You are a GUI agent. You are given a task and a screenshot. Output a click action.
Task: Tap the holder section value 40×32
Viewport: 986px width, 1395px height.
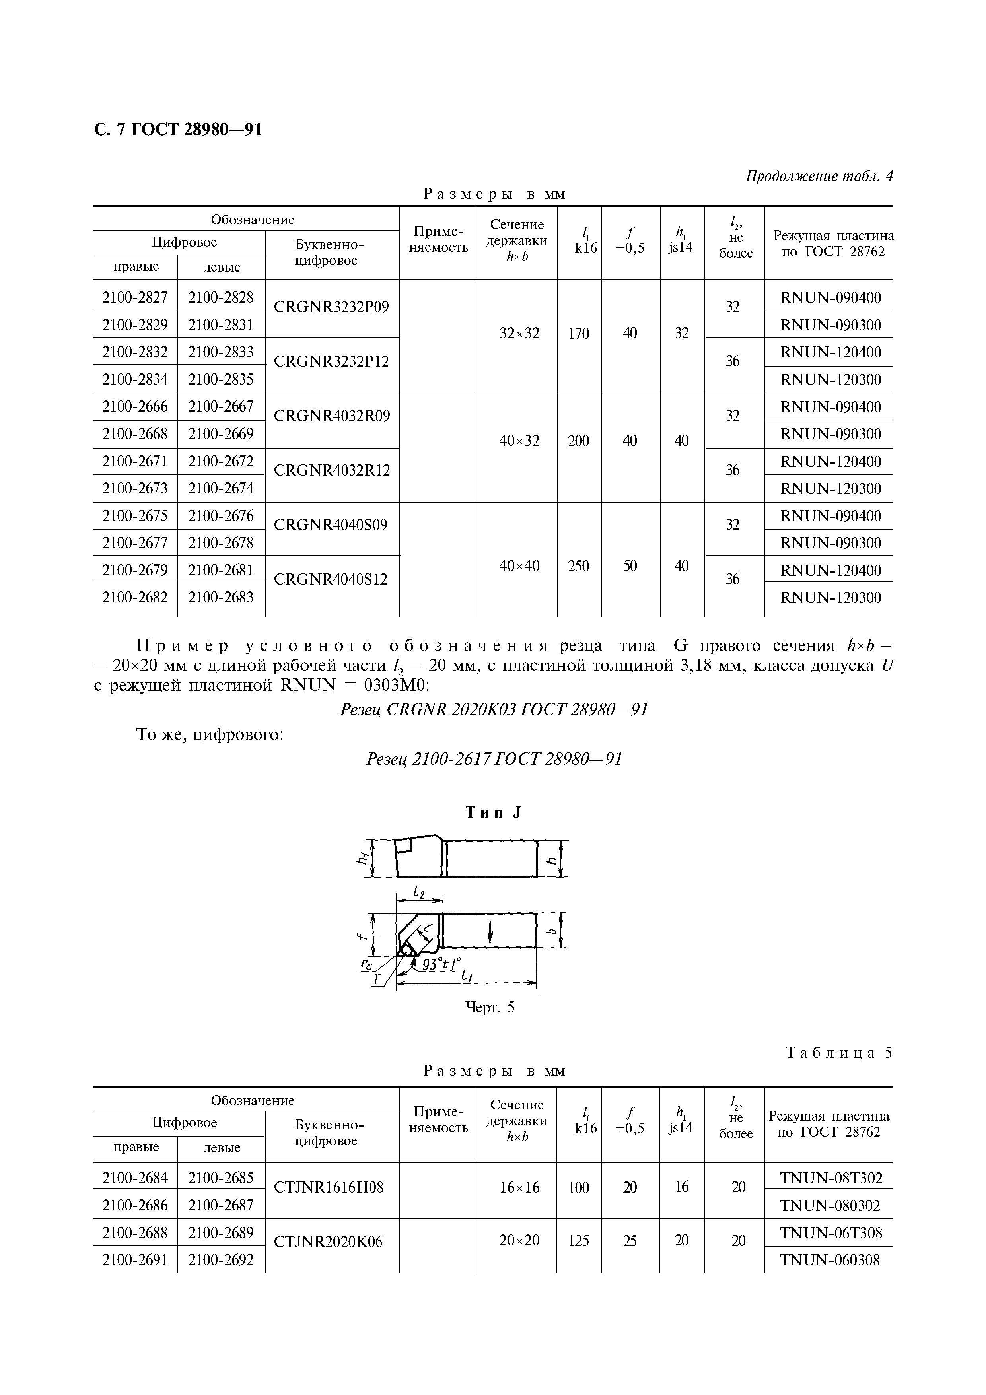point(519,441)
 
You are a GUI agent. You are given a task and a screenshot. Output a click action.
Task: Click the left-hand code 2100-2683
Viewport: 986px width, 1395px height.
point(220,597)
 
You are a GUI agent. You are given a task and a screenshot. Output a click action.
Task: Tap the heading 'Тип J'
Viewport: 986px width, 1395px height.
point(493,813)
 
